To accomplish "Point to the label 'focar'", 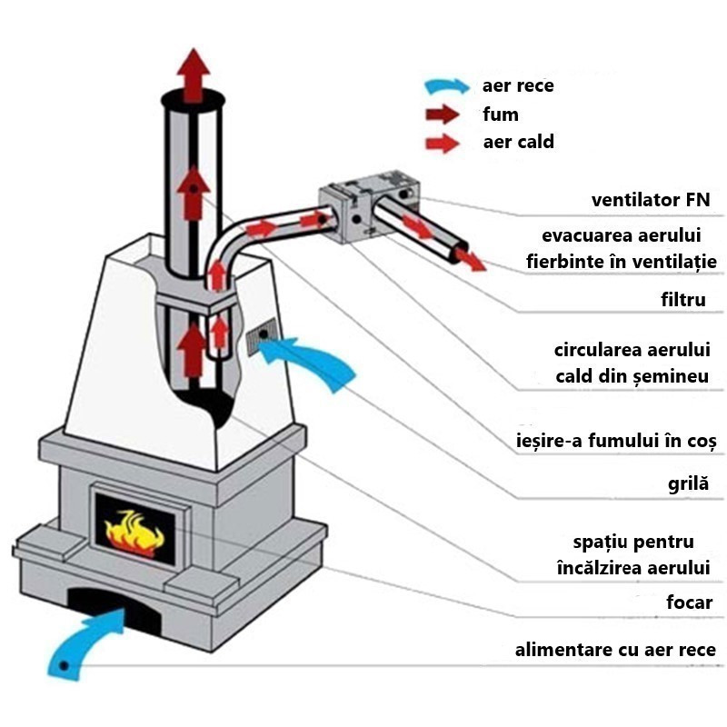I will click(x=688, y=602).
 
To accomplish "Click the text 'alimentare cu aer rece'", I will click(x=615, y=650).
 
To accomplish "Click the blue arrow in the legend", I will click(x=450, y=87).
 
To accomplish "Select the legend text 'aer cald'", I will click(x=518, y=142).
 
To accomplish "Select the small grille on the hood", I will click(x=263, y=335).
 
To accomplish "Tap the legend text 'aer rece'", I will click(x=518, y=86).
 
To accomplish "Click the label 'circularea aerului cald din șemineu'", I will click(x=632, y=363).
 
